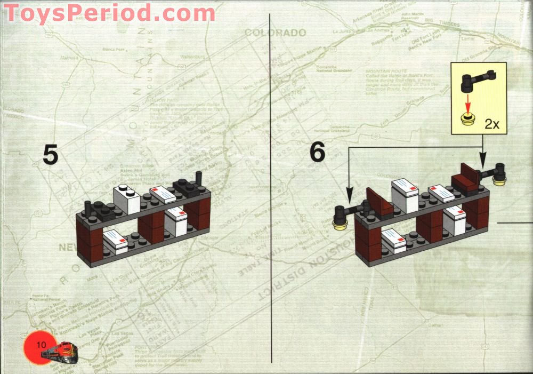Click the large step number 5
coord(50,155)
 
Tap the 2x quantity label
coord(491,124)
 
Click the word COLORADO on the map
coord(275,33)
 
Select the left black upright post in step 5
coord(87,206)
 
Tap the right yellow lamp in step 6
coord(500,181)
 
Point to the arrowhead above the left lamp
coord(349,193)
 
